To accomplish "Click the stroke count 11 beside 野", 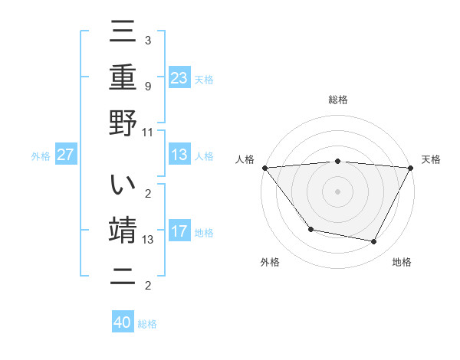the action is [148, 132].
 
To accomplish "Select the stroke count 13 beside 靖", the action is [148, 240].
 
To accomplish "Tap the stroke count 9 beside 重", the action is [147, 86].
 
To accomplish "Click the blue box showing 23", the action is [179, 77].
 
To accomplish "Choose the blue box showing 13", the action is [179, 155].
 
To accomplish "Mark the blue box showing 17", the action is [179, 231].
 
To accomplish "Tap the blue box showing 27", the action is [65, 155].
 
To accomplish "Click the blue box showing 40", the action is [123, 322].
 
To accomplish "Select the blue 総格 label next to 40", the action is [147, 324].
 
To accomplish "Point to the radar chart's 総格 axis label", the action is [337, 100].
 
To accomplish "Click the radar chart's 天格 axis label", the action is [431, 159].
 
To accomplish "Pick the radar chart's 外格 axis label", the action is [270, 262].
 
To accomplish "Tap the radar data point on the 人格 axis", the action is [264, 168].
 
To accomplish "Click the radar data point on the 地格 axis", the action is [374, 242].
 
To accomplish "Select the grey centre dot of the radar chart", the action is [337, 191].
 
